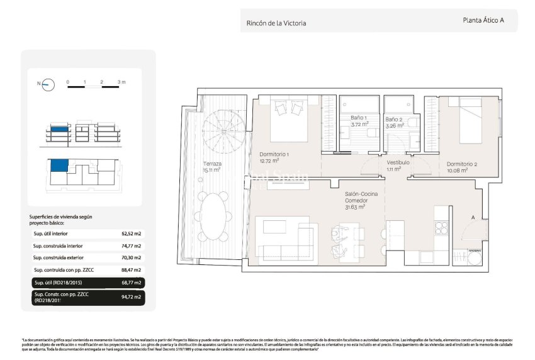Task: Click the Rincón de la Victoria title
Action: point(276,23)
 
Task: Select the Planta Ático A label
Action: point(483,20)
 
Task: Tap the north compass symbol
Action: point(47,84)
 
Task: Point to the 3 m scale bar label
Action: point(121,82)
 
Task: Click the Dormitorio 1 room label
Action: point(274,155)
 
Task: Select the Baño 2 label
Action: point(394,119)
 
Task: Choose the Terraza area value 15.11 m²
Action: point(211,170)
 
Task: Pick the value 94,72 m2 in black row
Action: point(131,295)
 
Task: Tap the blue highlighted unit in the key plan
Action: point(58,166)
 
